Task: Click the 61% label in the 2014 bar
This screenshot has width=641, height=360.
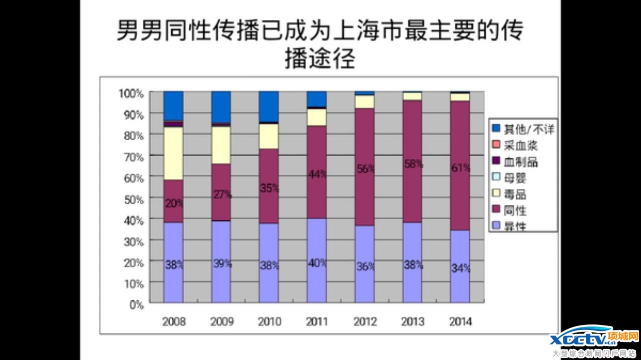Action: pos(461,168)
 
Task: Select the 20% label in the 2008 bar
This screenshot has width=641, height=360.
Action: pos(174,203)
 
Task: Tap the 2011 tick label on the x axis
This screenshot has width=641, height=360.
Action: pos(316,321)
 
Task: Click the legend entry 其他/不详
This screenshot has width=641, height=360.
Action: pos(523,129)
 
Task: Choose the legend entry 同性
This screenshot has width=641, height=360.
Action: pos(515,210)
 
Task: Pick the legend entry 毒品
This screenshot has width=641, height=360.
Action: pos(515,194)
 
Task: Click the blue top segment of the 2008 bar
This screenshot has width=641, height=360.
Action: pos(173,106)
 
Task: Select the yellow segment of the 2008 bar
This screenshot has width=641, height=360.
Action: pos(173,153)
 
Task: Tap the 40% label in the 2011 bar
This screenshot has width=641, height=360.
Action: pos(317,262)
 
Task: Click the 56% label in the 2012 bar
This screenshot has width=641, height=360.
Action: pos(366,169)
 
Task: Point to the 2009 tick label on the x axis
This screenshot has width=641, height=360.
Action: pos(221,321)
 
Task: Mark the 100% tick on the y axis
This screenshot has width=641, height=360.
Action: pos(131,93)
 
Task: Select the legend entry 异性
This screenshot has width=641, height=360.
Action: pos(515,226)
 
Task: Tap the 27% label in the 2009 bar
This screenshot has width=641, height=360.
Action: pos(222,194)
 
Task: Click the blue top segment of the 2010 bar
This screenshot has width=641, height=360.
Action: pos(269,106)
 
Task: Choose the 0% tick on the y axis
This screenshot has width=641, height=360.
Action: pos(136,304)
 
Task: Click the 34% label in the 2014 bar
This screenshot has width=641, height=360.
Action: pos(461,268)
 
